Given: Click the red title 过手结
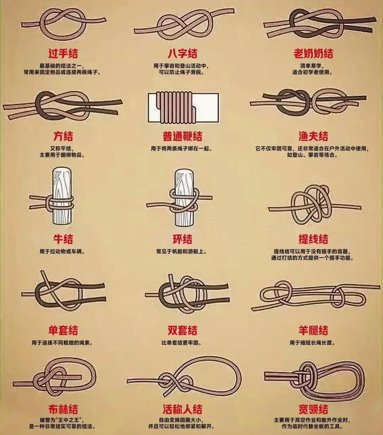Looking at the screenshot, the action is tap(63, 54).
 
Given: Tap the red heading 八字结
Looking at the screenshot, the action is tap(182, 54).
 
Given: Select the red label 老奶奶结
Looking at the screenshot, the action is tap(313, 54).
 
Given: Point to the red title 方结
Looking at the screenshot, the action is tap(63, 136).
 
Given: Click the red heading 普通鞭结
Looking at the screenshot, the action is tap(182, 136).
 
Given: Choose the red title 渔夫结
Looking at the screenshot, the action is tap(313, 136).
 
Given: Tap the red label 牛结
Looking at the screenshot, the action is tap(63, 239).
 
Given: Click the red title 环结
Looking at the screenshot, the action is tap(182, 239).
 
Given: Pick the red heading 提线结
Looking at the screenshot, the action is tap(313, 239).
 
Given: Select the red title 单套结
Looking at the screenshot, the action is tap(63, 330).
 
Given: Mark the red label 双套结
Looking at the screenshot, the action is tap(182, 330).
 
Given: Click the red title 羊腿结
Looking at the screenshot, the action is tap(313, 330).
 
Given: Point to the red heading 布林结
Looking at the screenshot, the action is tap(63, 409).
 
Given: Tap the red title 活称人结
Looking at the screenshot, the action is tap(182, 409).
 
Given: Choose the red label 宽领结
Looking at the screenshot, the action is tap(313, 409).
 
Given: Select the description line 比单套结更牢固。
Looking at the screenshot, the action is tap(181, 343).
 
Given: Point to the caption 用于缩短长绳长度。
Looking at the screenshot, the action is tap(313, 343).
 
